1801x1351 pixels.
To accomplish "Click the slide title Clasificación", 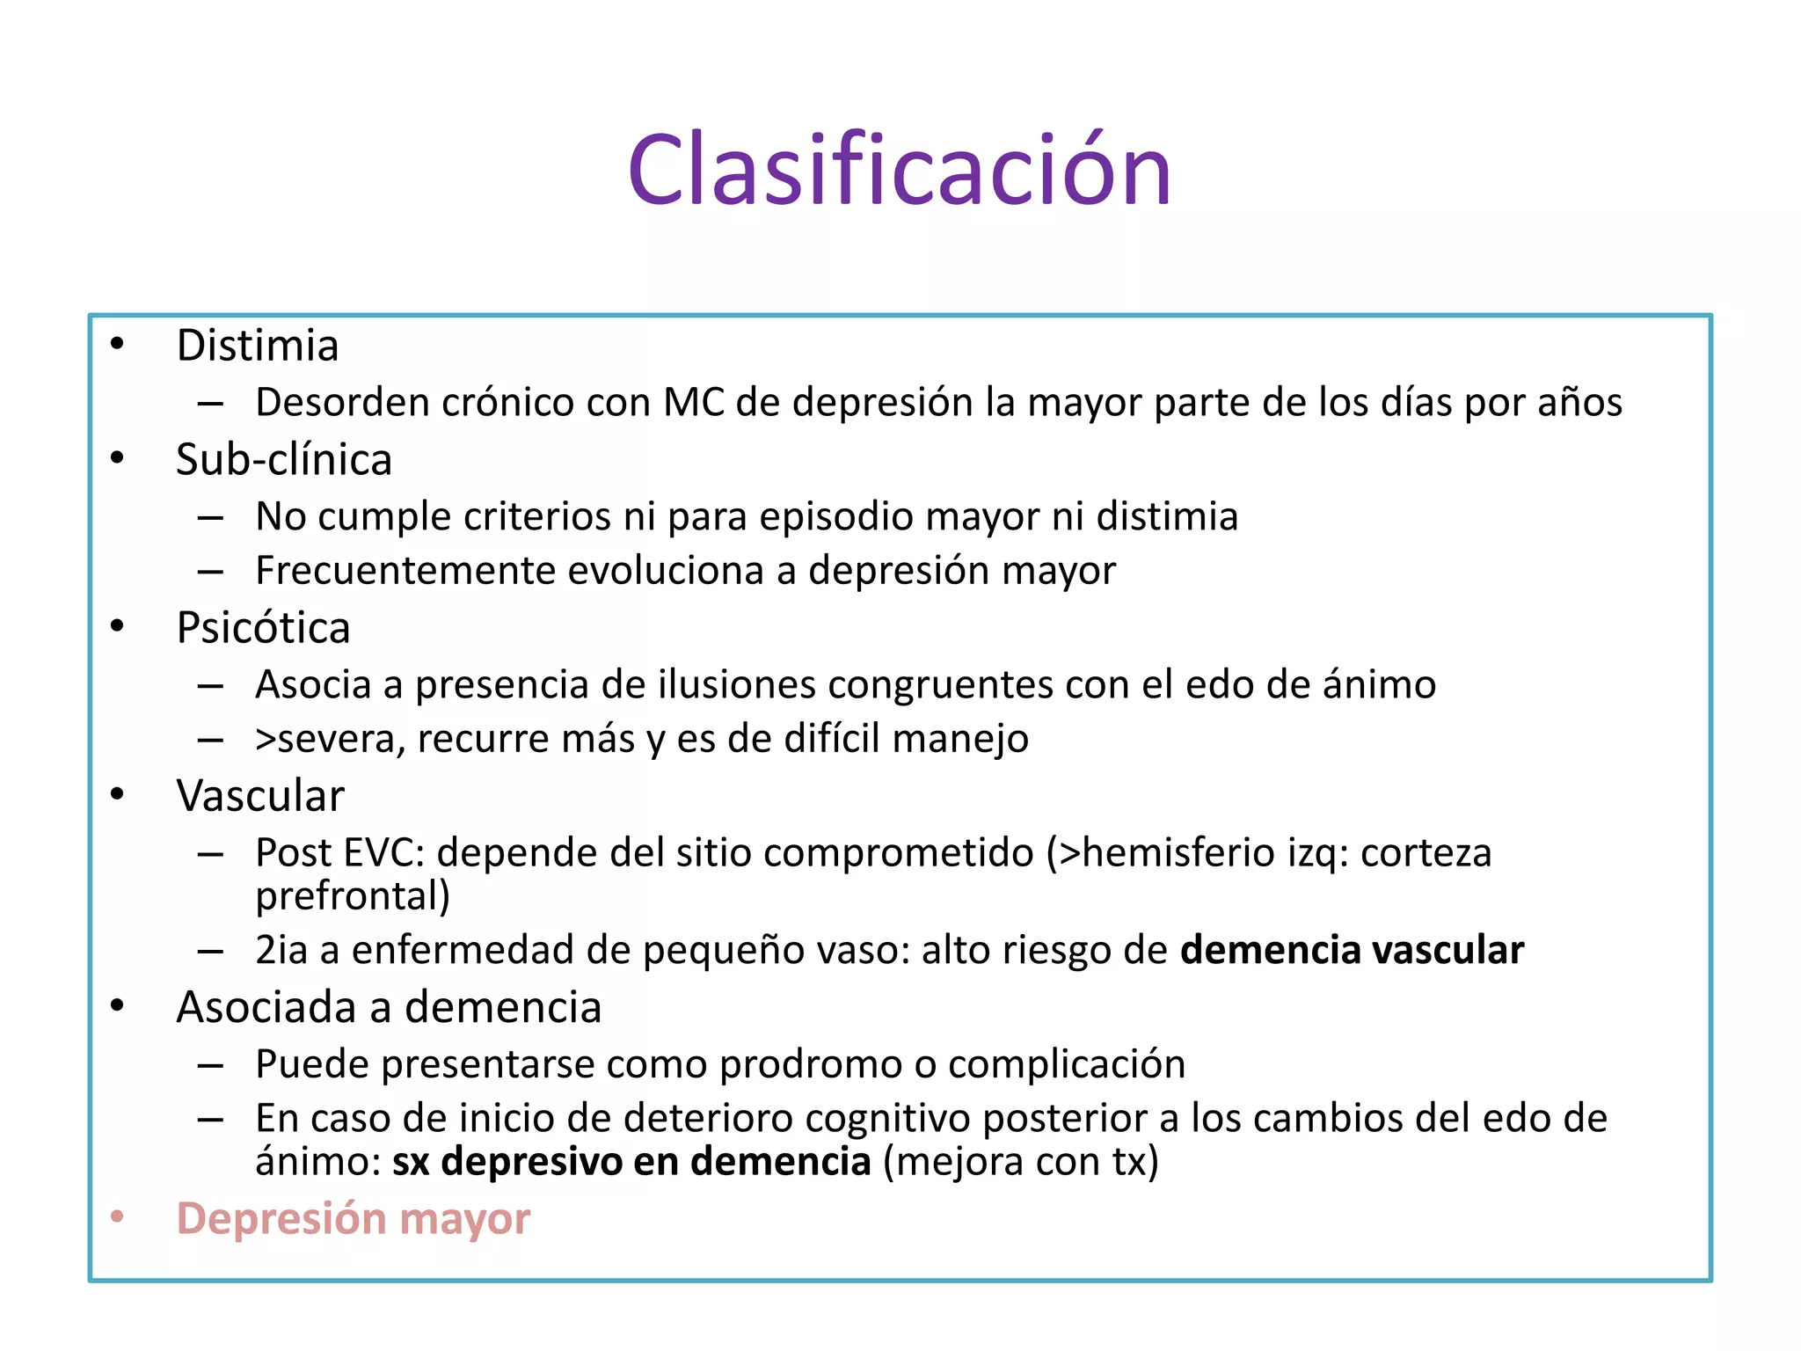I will pyautogui.click(x=899, y=169).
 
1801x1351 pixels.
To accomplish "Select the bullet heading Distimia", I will pyautogui.click(x=257, y=345).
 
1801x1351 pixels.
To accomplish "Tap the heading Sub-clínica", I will pyautogui.click(x=283, y=459).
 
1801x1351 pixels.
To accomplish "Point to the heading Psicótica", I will pyautogui.click(x=263, y=628).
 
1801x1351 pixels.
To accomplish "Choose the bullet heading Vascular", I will pyautogui.click(x=259, y=796).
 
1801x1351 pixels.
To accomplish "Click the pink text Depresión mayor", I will pyautogui.click(x=353, y=1219).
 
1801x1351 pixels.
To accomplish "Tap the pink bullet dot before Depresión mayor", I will pyautogui.click(x=118, y=1217).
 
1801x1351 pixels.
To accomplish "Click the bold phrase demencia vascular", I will pyautogui.click(x=1352, y=950).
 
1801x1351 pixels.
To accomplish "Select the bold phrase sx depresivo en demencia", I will pyautogui.click(x=631, y=1162).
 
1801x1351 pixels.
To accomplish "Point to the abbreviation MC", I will pyautogui.click(x=693, y=403).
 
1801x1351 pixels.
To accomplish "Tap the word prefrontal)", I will pyautogui.click(x=353, y=896).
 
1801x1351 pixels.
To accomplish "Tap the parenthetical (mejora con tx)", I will pyautogui.click(x=1021, y=1162).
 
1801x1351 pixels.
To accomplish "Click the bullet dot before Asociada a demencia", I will pyautogui.click(x=118, y=1006).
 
